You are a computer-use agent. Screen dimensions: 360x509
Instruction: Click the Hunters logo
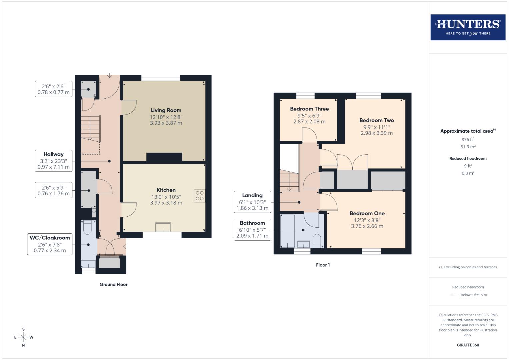coord(468,27)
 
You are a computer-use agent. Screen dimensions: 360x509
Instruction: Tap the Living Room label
coord(166,110)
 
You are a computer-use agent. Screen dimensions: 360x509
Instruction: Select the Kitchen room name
coord(166,190)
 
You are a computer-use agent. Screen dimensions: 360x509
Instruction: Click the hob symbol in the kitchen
coord(200,196)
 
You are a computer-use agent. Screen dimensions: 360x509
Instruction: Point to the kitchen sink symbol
coord(163,227)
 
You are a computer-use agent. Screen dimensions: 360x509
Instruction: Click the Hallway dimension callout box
coord(53,161)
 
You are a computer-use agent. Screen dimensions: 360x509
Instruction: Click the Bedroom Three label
coord(309,109)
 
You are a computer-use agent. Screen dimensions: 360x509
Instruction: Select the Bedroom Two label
coord(377,120)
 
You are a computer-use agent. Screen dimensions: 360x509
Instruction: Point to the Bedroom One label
coord(367,213)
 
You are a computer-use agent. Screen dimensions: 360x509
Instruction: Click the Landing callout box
coord(252,202)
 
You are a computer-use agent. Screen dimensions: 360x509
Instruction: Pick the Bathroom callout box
coord(252,229)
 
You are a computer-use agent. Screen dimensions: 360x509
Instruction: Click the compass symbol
coord(23,337)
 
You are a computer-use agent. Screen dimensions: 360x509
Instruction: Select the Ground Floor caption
coord(113,284)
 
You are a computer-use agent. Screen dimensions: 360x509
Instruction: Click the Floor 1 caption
coord(323,265)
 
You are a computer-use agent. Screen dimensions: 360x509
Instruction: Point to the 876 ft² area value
coord(468,139)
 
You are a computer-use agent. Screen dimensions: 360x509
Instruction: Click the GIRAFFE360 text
coord(468,345)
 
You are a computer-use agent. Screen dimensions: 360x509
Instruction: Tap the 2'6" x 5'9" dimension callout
coord(53,190)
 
